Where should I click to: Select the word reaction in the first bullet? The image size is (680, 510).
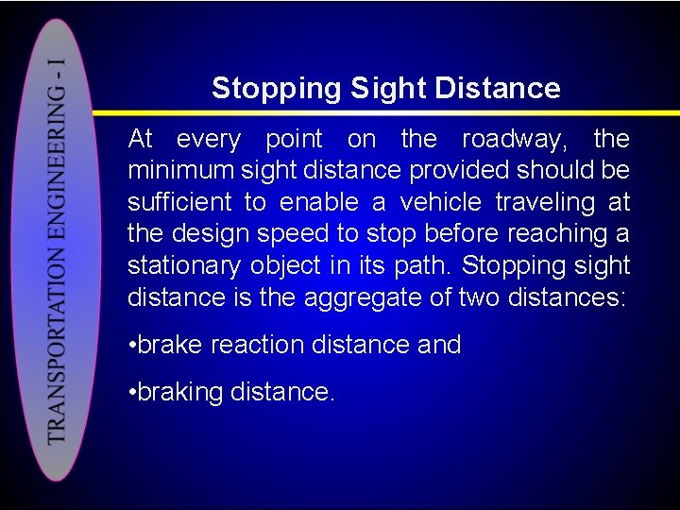(254, 345)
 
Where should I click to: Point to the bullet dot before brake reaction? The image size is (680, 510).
(132, 346)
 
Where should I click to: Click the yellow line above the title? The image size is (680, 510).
(378, 110)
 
